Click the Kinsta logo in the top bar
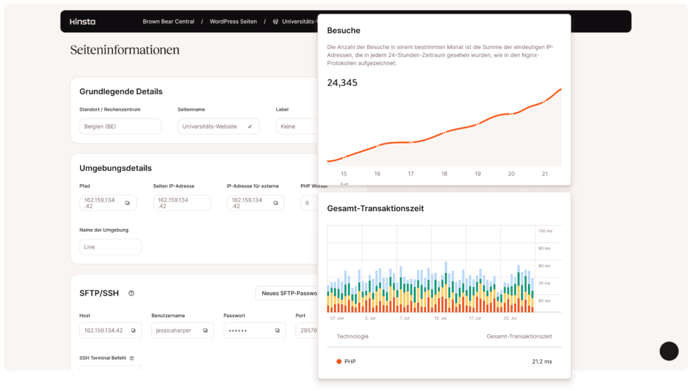(x=83, y=21)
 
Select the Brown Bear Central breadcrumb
(x=168, y=21)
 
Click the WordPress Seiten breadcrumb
(x=233, y=21)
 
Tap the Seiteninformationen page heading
(x=125, y=50)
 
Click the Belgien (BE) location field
(x=120, y=126)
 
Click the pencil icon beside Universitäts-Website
(x=250, y=126)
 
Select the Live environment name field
(x=110, y=247)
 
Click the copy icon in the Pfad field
(x=128, y=203)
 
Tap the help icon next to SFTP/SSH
(x=132, y=293)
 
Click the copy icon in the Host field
(x=133, y=331)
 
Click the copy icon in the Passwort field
(x=277, y=331)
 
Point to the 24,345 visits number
(x=342, y=83)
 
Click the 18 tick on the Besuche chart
(x=444, y=173)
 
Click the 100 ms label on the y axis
(x=544, y=231)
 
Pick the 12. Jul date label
(x=441, y=318)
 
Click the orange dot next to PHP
(x=339, y=361)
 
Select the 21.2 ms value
(x=542, y=361)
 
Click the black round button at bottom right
(x=669, y=351)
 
